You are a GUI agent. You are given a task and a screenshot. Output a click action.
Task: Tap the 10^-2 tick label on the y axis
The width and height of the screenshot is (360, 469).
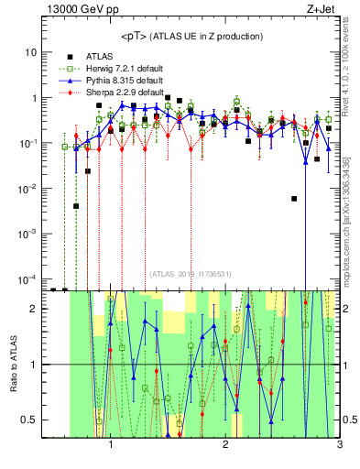tap(27, 189)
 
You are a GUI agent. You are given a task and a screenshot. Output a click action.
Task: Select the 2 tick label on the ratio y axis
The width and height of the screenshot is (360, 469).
tap(33, 309)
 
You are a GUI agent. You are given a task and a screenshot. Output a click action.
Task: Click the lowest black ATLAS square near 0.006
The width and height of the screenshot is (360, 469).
tap(294, 199)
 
